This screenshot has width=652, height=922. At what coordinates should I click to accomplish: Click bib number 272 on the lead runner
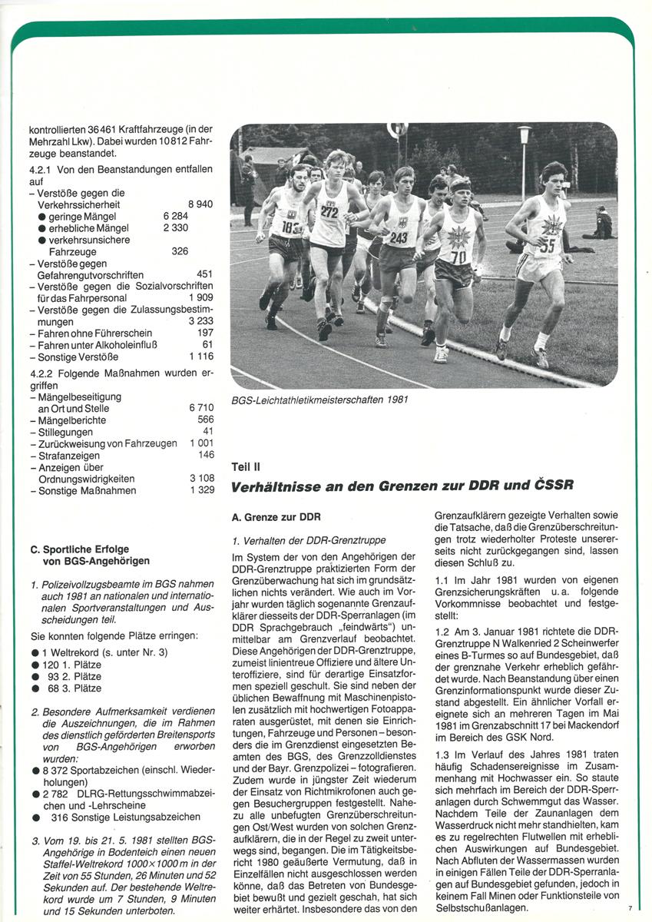click(329, 211)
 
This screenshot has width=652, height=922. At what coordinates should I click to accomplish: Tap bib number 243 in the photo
click(399, 238)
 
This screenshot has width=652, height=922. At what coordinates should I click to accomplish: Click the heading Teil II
click(246, 466)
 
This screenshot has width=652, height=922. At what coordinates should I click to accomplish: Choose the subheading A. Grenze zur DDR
click(276, 517)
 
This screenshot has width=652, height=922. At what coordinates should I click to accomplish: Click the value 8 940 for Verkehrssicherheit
click(200, 204)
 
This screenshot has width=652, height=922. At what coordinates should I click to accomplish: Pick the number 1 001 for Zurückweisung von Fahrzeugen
click(202, 444)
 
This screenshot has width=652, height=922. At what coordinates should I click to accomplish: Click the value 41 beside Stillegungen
click(207, 432)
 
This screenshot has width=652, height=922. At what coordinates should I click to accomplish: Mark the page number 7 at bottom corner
click(630, 908)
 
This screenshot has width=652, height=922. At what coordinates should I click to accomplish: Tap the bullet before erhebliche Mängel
click(42, 228)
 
